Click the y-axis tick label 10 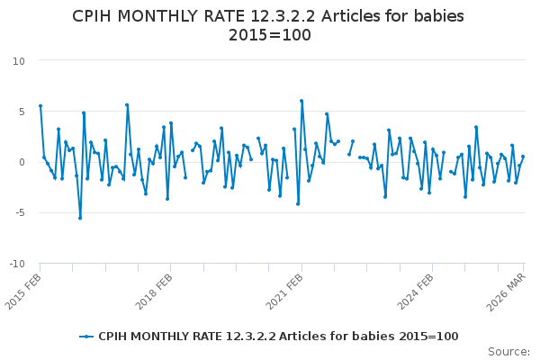click(x=19, y=61)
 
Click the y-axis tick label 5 click(x=22, y=112)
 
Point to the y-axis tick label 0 click(x=22, y=162)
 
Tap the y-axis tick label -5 click(x=20, y=213)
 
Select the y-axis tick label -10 click(x=17, y=264)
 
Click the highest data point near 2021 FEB click(x=301, y=101)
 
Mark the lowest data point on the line click(x=80, y=218)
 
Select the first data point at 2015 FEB click(x=40, y=106)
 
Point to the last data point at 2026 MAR click(x=523, y=157)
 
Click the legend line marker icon click(x=86, y=337)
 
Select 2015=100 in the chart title click(x=270, y=35)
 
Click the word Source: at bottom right click(x=508, y=352)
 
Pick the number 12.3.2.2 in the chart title click(x=283, y=16)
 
